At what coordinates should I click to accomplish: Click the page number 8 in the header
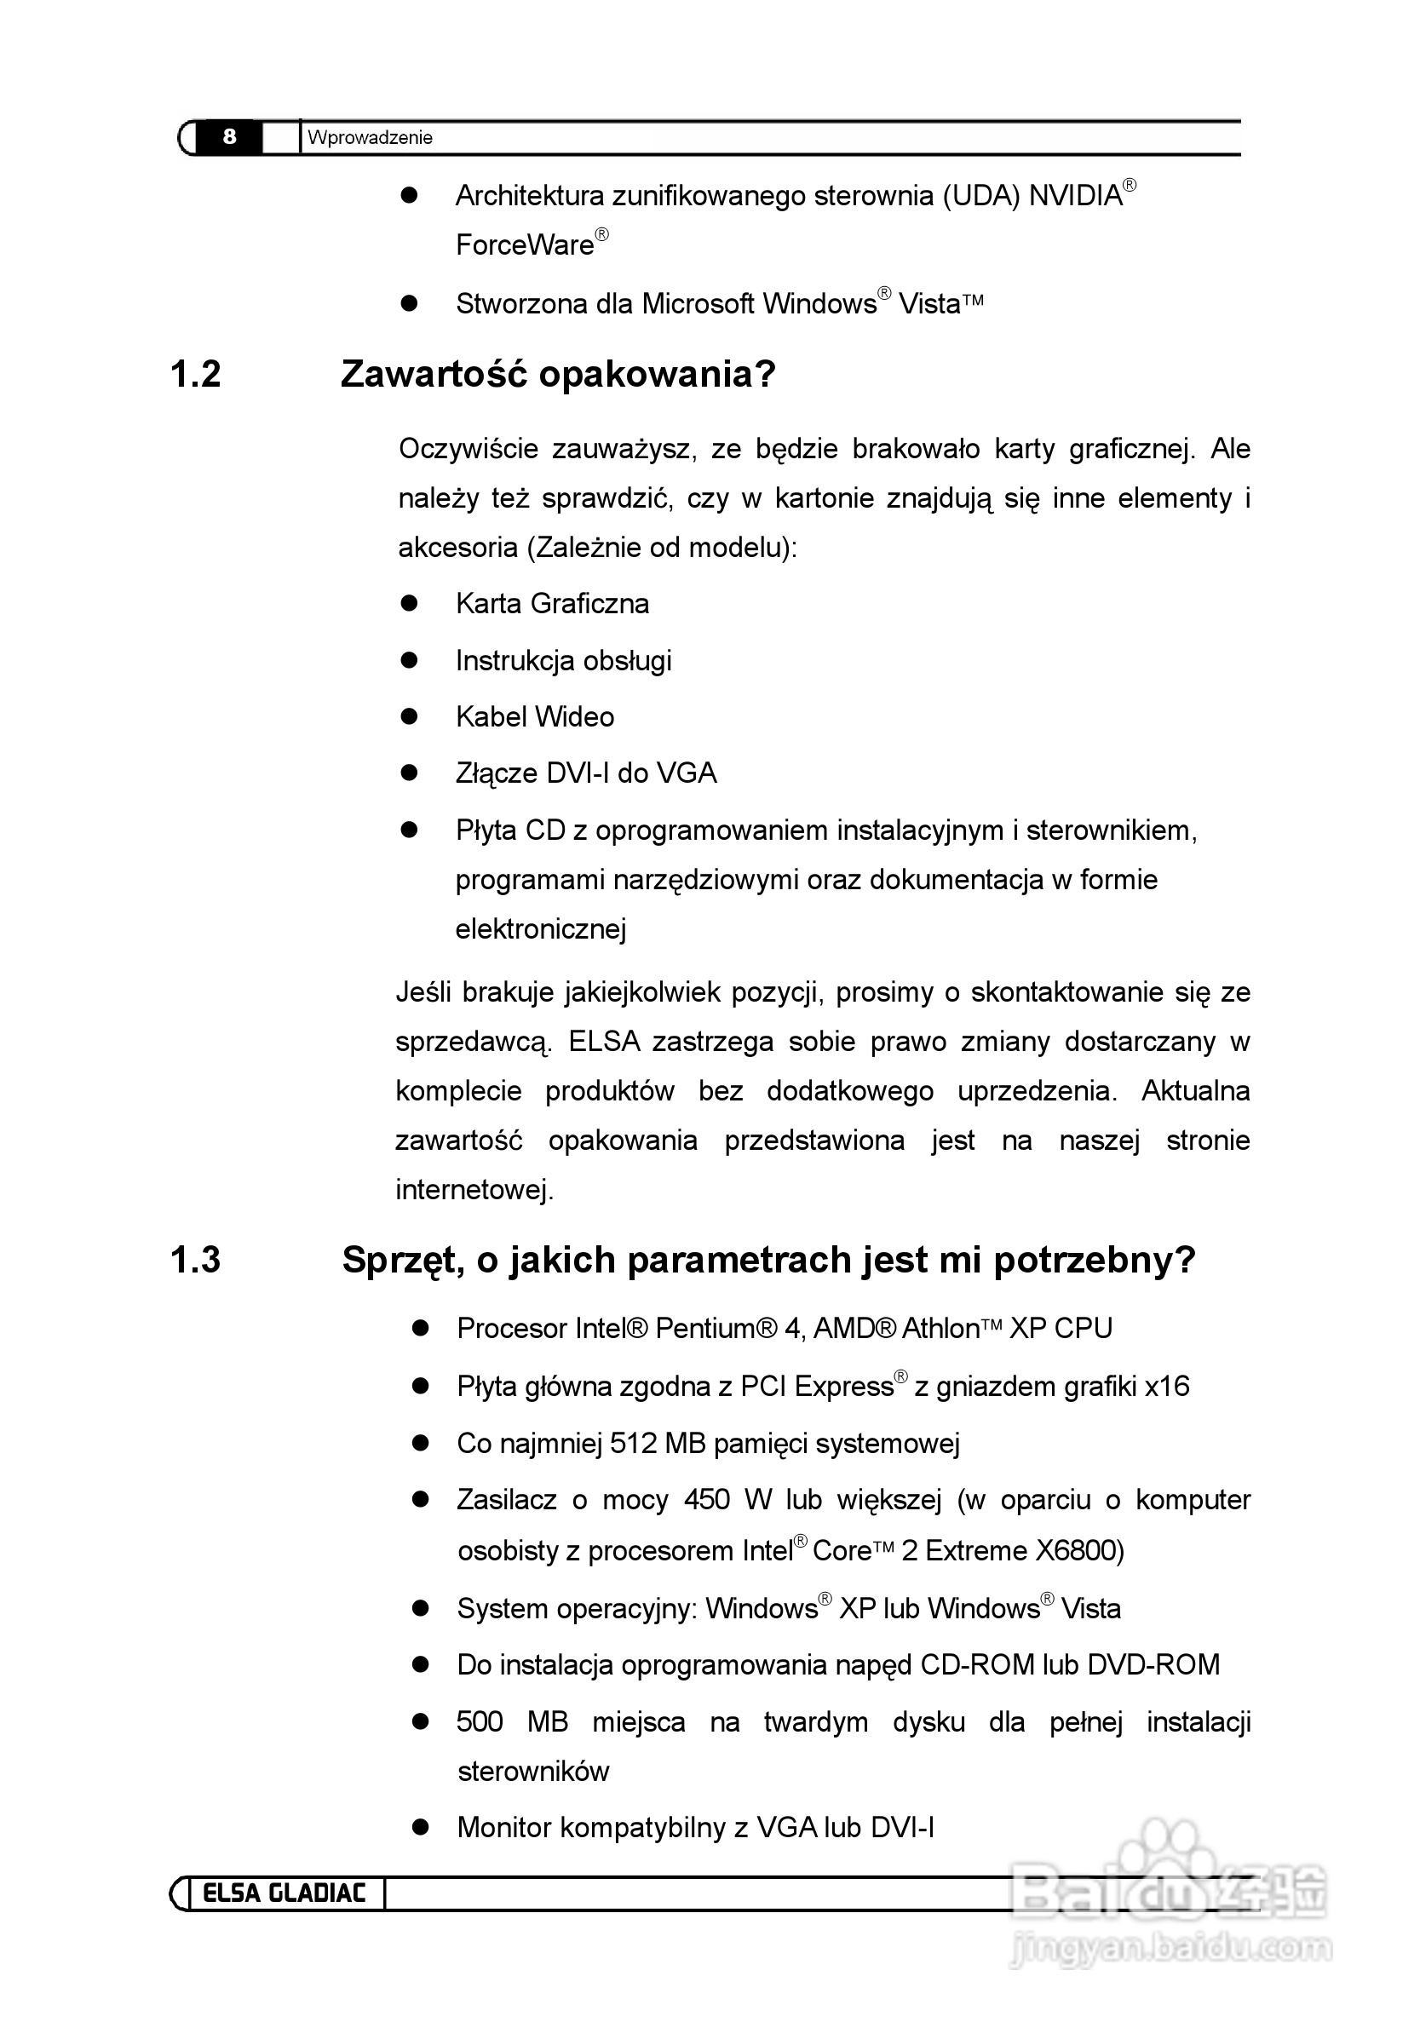click(230, 137)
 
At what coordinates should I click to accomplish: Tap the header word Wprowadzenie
click(370, 138)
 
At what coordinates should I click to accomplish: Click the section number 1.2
click(195, 375)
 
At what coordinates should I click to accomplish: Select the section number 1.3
click(195, 1261)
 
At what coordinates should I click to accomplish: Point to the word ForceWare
click(525, 244)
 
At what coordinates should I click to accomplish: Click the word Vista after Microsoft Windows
click(928, 304)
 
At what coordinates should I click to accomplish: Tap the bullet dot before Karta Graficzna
click(408, 603)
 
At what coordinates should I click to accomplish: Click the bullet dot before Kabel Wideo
click(408, 716)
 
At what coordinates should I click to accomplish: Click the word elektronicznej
click(541, 929)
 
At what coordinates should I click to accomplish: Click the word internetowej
click(474, 1191)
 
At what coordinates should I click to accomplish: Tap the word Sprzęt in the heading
click(403, 1261)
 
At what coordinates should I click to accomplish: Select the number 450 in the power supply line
click(706, 1501)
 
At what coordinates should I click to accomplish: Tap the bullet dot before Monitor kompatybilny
click(421, 1828)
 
